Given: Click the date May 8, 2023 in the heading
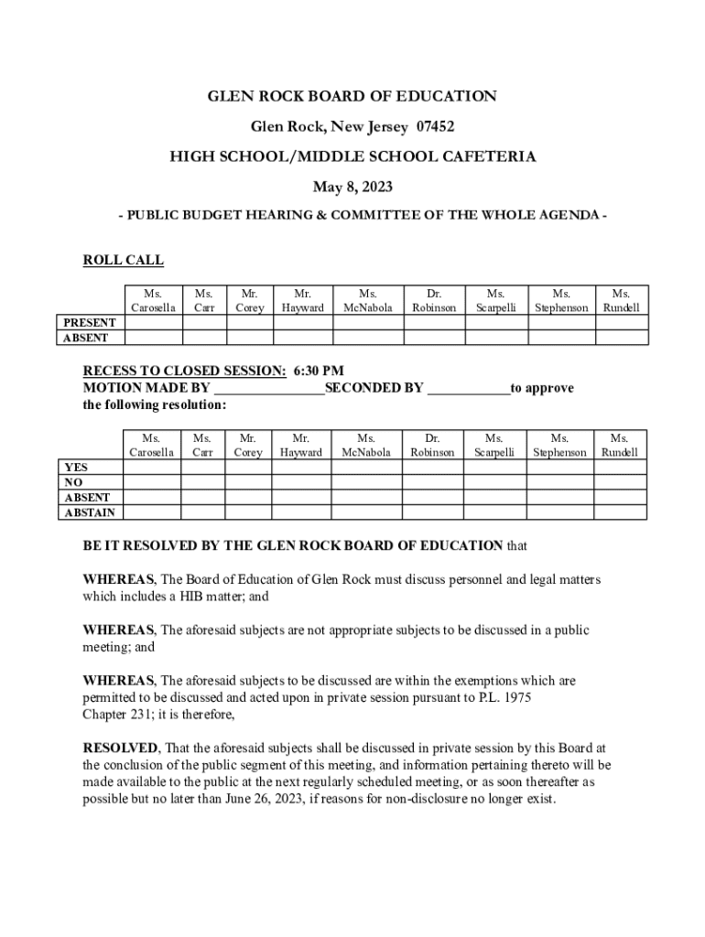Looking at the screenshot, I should click(x=352, y=188).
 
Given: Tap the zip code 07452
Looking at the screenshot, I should click(x=429, y=126).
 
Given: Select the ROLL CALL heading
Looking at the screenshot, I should click(x=124, y=261).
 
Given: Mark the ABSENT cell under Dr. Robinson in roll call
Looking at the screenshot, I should click(x=434, y=338).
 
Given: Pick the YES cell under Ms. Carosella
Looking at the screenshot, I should click(x=152, y=468).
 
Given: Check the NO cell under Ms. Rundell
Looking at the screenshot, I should click(x=620, y=483).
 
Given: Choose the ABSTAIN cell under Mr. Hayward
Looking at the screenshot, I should click(x=300, y=512).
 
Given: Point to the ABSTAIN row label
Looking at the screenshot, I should click(x=89, y=512).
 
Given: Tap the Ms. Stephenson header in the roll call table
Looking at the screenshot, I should click(x=561, y=301).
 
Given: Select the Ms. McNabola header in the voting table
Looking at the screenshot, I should click(x=366, y=446).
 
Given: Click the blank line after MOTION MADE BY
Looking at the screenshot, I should click(x=269, y=389).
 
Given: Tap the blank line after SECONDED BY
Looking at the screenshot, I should click(x=469, y=389).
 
